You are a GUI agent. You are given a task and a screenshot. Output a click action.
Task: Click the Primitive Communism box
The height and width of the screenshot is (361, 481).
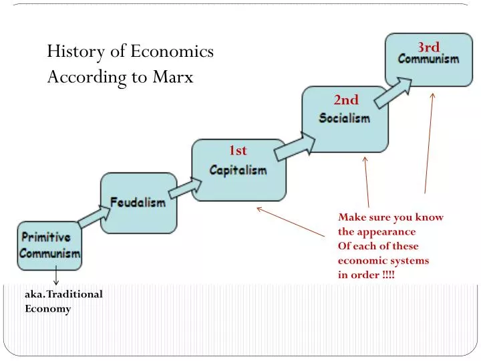49,245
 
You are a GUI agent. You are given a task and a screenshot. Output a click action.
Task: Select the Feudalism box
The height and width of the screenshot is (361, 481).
138,202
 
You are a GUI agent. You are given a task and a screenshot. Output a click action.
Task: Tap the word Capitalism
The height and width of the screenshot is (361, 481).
238,170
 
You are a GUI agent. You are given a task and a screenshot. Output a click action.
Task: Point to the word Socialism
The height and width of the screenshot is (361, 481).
344,118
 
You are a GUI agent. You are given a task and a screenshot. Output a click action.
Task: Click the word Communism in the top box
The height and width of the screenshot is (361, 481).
428,59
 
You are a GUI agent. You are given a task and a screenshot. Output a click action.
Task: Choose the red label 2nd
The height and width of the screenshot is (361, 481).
346,100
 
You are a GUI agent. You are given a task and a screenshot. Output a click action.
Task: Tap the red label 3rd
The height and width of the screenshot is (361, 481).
428,47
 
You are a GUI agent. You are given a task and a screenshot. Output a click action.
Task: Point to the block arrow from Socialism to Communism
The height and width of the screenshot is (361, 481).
393,92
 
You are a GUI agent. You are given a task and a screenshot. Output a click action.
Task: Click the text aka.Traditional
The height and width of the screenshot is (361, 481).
63,293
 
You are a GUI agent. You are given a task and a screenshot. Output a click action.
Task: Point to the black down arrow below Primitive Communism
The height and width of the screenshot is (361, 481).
56,276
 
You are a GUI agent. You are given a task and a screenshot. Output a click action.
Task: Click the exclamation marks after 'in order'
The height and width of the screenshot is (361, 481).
389,275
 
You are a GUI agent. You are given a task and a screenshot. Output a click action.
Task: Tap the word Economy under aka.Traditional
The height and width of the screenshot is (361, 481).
47,309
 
